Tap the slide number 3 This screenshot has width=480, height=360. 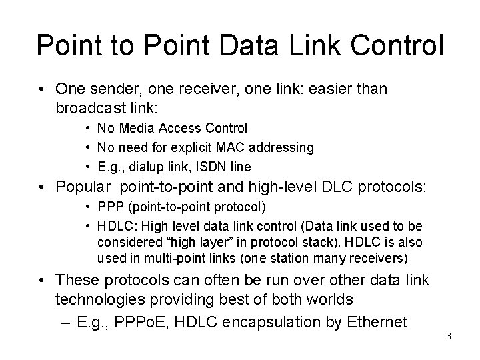[x=449, y=335]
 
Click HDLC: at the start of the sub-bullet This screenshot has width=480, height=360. [x=114, y=227]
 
